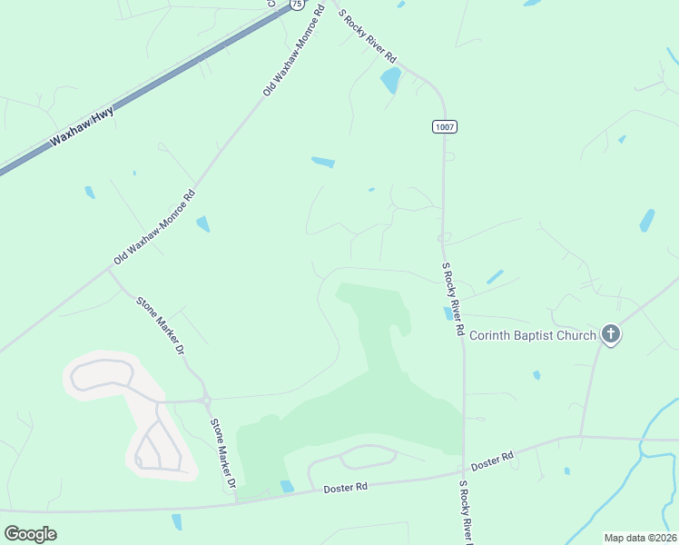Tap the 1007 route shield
[444, 127]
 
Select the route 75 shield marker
[297, 5]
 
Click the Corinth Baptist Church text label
[533, 335]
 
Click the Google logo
[30, 533]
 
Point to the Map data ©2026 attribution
[639, 537]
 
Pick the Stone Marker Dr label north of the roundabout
[160, 324]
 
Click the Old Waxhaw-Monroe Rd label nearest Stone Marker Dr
[154, 228]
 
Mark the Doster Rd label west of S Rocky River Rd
[345, 488]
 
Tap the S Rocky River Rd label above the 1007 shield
[368, 36]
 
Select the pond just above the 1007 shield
[390, 81]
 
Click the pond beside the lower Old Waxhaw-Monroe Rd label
[202, 223]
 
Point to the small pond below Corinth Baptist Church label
[536, 374]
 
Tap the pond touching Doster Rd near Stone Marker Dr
[287, 486]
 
